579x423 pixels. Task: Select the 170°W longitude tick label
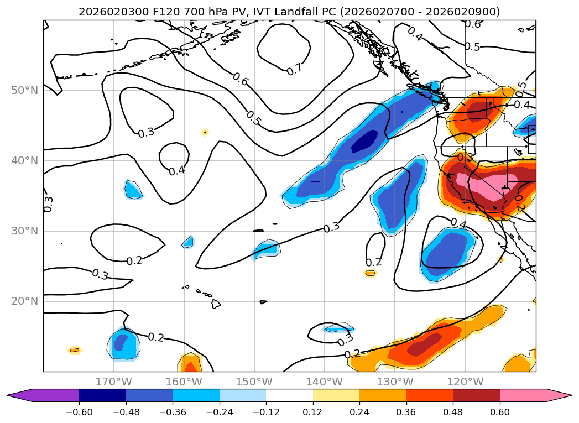click(113, 382)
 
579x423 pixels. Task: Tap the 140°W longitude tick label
click(325, 382)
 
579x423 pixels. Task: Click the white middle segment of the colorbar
click(289, 395)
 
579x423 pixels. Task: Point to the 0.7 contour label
click(295, 70)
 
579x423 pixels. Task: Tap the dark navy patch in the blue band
click(366, 140)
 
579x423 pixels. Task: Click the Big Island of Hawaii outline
click(216, 304)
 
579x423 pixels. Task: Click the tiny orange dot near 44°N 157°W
click(205, 132)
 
